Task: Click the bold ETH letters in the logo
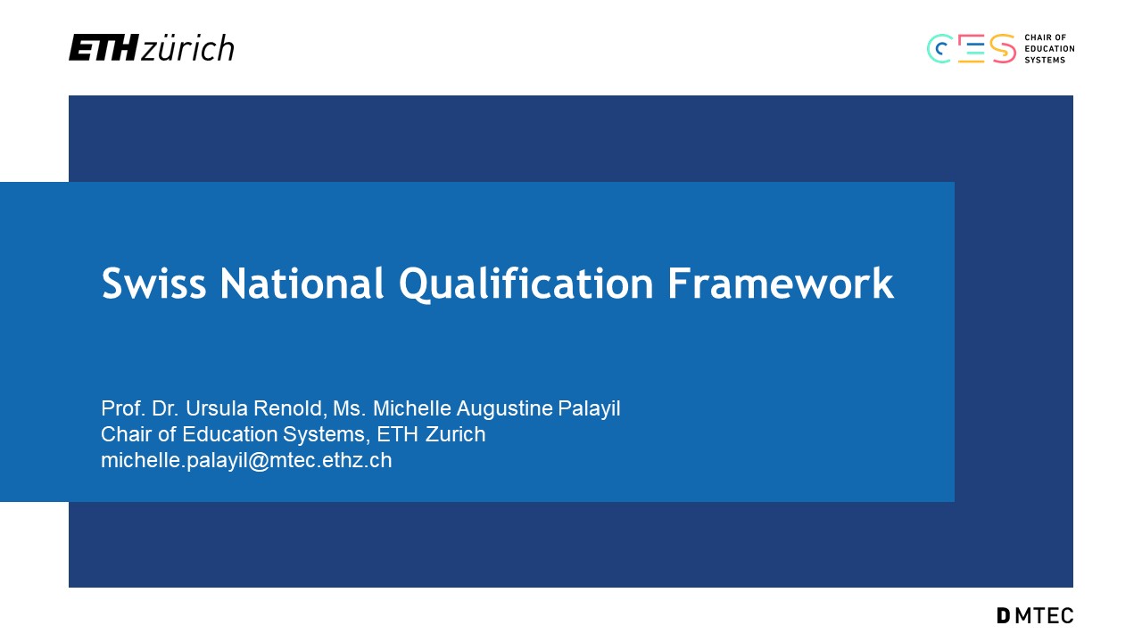click(x=103, y=47)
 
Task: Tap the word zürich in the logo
click(x=187, y=48)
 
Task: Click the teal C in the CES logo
click(x=939, y=49)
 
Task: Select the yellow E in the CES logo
click(x=972, y=49)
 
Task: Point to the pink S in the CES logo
click(x=1003, y=49)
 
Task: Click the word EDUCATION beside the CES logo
click(x=1049, y=49)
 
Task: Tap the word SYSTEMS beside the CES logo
click(x=1045, y=60)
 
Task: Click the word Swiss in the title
click(x=154, y=283)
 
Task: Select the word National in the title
click(x=302, y=283)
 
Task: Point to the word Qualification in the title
click(x=525, y=284)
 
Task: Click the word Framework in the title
click(x=781, y=283)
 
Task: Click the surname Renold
click(x=290, y=408)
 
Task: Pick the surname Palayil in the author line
click(x=589, y=409)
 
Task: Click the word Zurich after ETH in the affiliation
click(x=455, y=434)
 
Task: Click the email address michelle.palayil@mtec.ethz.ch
click(x=246, y=461)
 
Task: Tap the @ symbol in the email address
click(x=259, y=462)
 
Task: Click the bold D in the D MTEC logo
click(x=1003, y=615)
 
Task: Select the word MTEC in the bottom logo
click(x=1044, y=615)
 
